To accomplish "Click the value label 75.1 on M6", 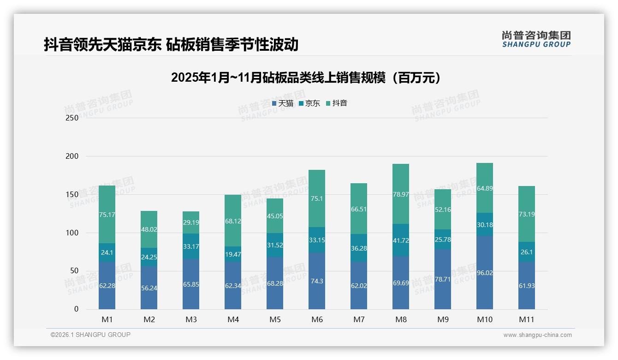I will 317,199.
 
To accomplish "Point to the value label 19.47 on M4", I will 233,254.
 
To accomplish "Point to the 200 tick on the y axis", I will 72,156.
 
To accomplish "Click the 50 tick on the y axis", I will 74,271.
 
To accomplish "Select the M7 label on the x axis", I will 359,319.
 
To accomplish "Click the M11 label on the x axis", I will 527,319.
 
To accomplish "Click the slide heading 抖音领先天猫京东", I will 171,45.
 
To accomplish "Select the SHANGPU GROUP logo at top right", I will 536,39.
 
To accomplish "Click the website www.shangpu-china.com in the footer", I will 537,335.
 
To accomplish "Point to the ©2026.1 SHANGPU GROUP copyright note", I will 90,335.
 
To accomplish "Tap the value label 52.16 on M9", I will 443,210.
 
